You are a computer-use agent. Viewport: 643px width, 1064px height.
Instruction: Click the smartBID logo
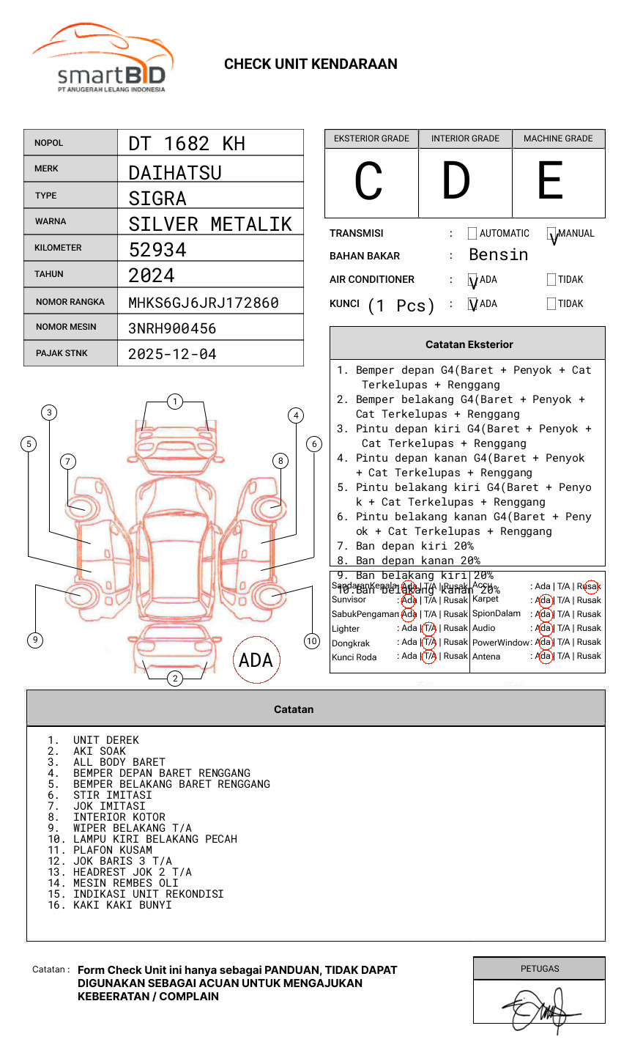click(103, 60)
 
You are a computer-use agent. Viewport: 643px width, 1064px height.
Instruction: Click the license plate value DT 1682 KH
click(187, 144)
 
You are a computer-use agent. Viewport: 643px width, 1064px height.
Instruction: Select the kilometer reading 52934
click(157, 250)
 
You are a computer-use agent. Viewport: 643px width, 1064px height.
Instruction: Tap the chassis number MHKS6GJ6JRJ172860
click(203, 303)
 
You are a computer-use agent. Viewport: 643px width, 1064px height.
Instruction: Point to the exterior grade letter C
click(368, 182)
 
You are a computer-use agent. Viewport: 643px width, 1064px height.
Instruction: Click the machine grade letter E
click(550, 182)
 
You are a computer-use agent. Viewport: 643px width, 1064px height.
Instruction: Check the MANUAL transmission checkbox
click(551, 234)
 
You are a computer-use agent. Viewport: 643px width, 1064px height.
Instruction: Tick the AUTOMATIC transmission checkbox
click(472, 234)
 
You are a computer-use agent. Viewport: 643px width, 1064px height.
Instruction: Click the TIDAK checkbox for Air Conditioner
click(551, 279)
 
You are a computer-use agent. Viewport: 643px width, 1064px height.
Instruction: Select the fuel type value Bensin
click(498, 255)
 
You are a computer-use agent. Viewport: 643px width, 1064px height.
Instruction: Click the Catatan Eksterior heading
click(469, 344)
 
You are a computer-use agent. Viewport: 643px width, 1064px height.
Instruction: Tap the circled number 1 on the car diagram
click(174, 402)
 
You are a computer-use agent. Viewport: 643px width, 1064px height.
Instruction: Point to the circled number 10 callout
click(312, 641)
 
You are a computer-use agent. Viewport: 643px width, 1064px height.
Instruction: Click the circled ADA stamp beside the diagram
click(256, 660)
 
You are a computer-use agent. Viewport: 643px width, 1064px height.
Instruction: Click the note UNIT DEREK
click(105, 740)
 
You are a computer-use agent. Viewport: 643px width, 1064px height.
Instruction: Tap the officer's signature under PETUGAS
click(540, 1008)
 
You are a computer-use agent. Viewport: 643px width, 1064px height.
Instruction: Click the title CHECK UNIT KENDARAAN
click(311, 64)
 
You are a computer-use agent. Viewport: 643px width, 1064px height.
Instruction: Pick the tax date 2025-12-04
click(172, 355)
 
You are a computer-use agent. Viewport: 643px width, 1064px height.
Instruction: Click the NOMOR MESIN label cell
click(70, 327)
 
